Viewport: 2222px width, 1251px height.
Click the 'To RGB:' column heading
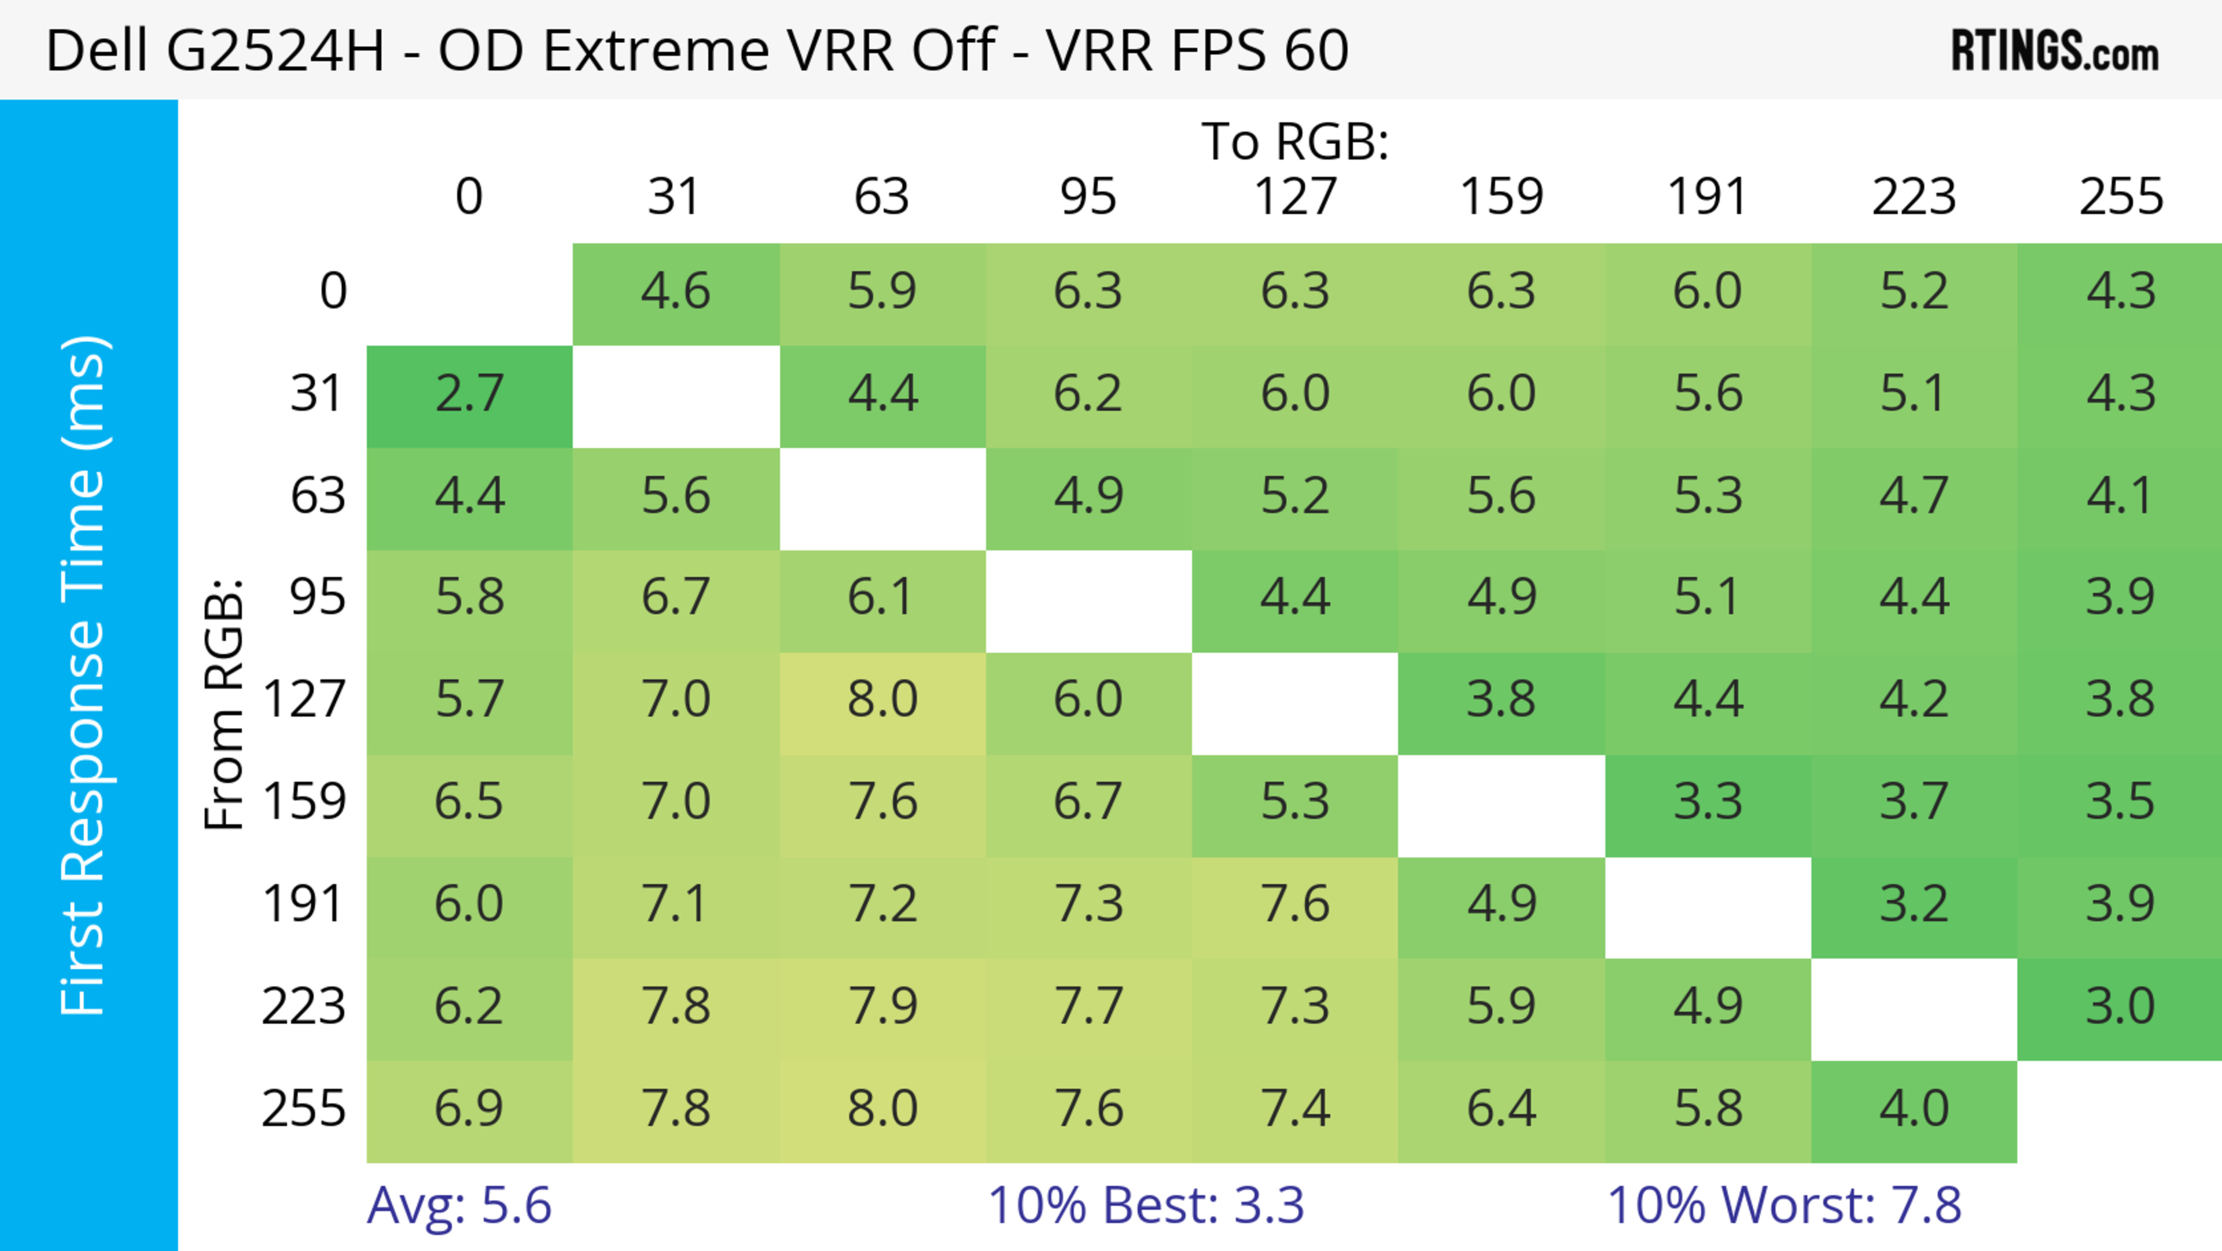[x=1295, y=141]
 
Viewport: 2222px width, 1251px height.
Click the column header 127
[x=1295, y=197]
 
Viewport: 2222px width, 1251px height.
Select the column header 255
[x=2120, y=197]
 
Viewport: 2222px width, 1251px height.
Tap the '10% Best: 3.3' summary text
[x=1146, y=1205]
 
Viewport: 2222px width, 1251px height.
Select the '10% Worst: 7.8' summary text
[x=1784, y=1205]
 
